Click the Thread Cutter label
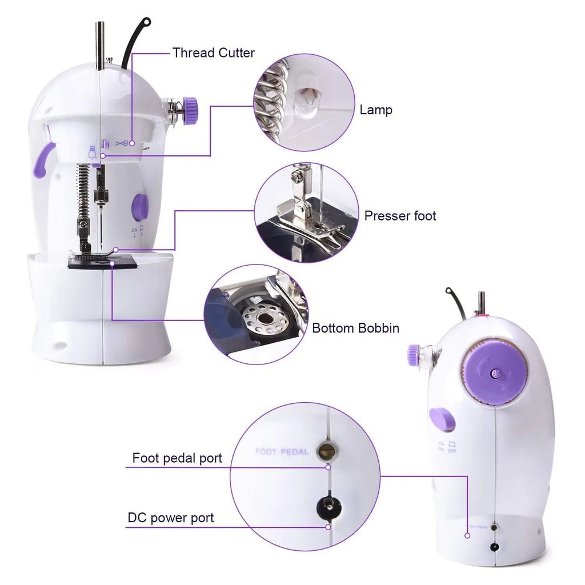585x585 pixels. tap(214, 53)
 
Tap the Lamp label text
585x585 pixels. tap(375, 110)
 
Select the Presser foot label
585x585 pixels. tap(400, 216)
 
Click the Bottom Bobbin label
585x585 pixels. tap(355, 328)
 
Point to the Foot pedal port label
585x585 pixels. tap(177, 458)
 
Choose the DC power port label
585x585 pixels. tap(171, 518)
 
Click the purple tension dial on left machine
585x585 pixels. tap(190, 106)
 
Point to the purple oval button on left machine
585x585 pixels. tap(140, 207)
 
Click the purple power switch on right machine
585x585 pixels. tap(442, 419)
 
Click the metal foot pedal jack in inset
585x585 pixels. tap(327, 451)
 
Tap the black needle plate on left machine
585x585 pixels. tap(103, 262)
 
